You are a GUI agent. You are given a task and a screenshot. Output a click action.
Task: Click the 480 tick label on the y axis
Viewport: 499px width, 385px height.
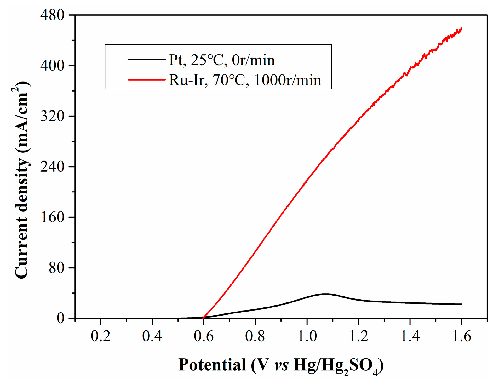52,15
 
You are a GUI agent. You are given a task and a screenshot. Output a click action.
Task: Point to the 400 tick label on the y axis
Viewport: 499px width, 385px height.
52,66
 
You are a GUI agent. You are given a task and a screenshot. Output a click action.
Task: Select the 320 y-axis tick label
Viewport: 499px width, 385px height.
52,116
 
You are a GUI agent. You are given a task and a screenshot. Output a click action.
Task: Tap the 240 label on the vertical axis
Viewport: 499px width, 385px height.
52,167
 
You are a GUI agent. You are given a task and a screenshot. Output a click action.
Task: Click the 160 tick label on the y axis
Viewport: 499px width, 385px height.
52,217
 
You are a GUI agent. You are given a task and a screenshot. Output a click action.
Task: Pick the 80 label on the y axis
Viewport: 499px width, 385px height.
57,268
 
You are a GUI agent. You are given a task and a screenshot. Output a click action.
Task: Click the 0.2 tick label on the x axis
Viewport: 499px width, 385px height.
100,336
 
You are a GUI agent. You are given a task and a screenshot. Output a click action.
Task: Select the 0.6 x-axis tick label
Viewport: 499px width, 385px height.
204,336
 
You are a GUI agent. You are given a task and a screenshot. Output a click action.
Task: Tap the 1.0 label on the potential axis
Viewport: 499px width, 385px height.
307,336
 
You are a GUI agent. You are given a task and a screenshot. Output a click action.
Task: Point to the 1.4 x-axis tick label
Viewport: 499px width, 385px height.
410,336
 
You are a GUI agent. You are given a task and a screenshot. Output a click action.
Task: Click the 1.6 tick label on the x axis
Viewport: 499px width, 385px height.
462,336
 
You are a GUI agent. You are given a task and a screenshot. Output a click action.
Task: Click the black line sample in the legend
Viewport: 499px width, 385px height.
146,59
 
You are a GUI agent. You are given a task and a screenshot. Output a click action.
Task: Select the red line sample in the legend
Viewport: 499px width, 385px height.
146,79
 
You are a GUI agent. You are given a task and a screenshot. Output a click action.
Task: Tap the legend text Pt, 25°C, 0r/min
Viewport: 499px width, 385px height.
222,60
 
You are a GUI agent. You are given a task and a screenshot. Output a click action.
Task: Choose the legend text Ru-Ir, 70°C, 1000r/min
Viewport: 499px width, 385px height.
245,80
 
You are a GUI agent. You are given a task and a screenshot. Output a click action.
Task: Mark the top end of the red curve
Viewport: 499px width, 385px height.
462,28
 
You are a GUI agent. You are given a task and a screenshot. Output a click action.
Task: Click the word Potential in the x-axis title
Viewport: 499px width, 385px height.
212,365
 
